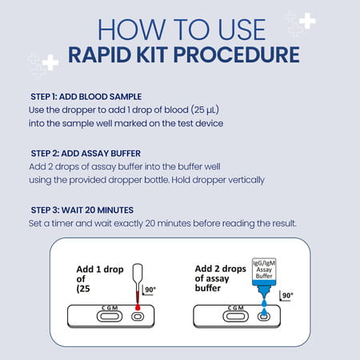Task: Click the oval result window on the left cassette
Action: point(110,317)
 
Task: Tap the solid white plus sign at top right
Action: point(307,21)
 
